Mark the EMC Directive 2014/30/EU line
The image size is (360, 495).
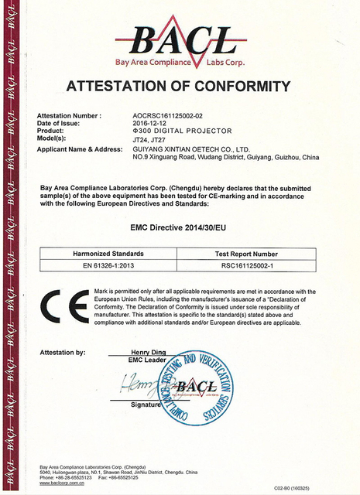point(183,228)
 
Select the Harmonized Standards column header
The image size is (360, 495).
point(108,254)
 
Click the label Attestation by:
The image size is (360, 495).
point(63,352)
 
